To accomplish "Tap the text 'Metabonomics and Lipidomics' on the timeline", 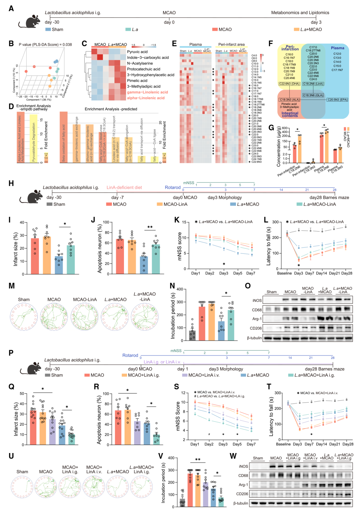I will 300,13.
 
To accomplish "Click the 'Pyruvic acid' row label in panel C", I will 137,52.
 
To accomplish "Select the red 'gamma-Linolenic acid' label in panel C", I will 147,92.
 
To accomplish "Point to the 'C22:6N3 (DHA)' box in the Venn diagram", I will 289,84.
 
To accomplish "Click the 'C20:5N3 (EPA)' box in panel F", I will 337,100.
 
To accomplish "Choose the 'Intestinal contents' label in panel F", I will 290,115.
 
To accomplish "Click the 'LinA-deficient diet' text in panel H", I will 124,188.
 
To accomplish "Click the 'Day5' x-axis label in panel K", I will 238,273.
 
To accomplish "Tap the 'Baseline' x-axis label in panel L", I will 284,273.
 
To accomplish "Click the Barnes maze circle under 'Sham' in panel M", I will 24,317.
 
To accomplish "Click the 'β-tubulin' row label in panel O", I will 254,338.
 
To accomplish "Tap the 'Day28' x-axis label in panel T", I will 348,444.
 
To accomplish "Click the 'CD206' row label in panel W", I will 242,494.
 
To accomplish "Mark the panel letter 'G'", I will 271,128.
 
